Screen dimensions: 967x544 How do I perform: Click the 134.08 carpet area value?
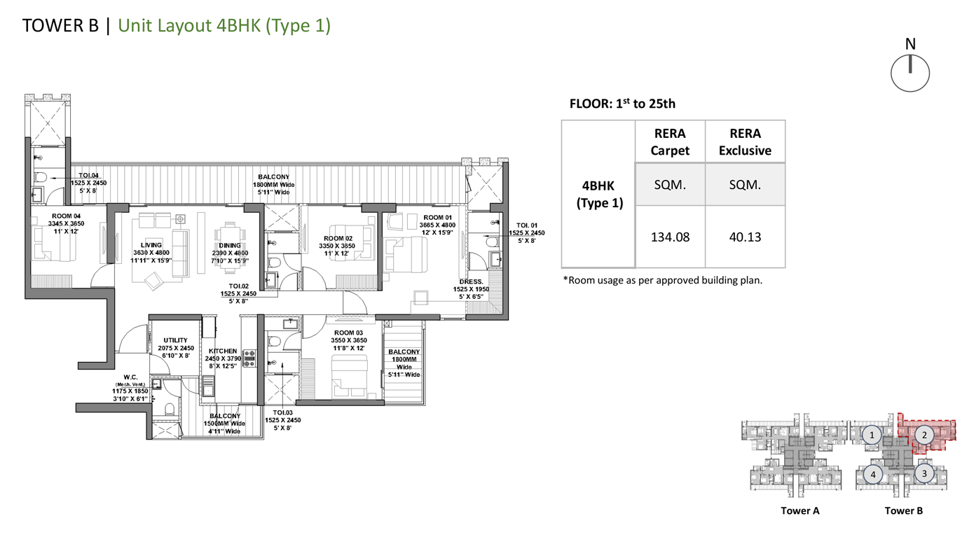[670, 237]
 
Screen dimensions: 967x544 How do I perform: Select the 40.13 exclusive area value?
[745, 237]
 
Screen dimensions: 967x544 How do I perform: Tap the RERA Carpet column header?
[670, 142]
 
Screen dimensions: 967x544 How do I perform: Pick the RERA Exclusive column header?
[745, 142]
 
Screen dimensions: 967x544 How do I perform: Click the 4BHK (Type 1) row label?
[598, 194]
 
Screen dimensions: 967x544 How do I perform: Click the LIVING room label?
[151, 245]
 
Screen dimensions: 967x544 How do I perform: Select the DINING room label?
[230, 246]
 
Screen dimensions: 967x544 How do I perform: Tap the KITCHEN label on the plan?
[223, 351]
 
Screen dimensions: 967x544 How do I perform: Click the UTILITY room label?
[175, 340]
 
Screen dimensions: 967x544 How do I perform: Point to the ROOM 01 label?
[437, 218]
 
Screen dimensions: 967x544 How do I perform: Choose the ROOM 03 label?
[348, 333]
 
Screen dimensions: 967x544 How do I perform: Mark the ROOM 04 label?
[66, 216]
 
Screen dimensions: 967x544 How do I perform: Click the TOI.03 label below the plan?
[283, 413]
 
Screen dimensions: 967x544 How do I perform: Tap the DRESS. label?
[471, 281]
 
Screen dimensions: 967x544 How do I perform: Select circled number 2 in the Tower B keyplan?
[924, 435]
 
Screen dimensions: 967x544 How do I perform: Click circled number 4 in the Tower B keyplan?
[873, 475]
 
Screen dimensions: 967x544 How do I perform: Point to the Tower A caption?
[800, 511]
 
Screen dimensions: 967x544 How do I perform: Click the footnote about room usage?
[663, 281]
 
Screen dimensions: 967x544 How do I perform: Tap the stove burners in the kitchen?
[249, 358]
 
